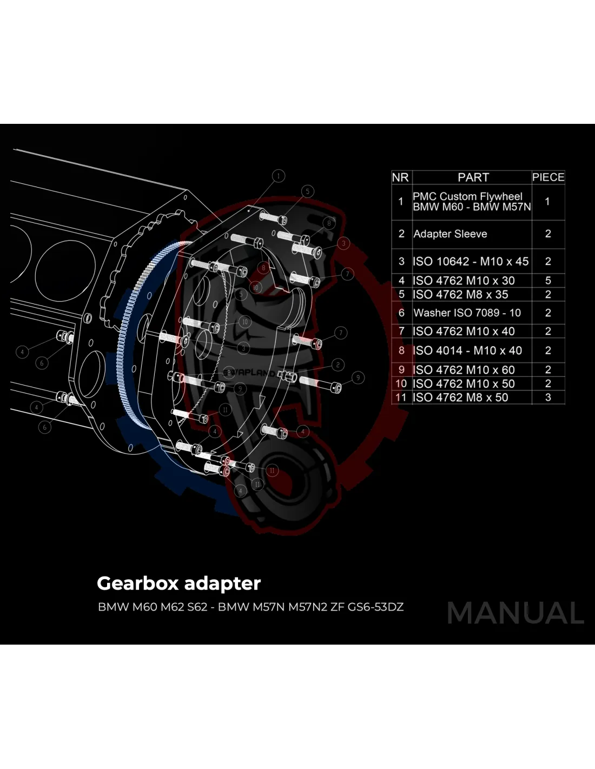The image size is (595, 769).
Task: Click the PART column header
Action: click(x=473, y=177)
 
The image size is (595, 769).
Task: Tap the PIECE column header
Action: click(x=548, y=177)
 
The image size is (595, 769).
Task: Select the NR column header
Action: click(x=400, y=177)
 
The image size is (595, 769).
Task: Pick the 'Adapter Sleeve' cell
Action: click(x=450, y=234)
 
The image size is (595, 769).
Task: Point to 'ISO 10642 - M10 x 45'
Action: click(x=471, y=261)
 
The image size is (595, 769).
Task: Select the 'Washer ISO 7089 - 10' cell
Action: click(x=467, y=313)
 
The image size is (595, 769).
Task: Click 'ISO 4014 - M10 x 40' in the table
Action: click(x=467, y=350)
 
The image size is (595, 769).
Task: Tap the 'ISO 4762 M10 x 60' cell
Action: click(x=464, y=370)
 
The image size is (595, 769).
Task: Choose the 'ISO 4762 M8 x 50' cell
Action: click(x=460, y=397)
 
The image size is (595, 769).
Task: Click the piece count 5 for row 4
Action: click(x=548, y=281)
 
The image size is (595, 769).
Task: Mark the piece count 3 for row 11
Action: click(x=548, y=397)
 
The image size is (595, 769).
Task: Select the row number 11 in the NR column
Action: click(x=401, y=397)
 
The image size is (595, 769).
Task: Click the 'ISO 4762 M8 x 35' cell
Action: click(x=460, y=295)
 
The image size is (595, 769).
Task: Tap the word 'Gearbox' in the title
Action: click(x=137, y=584)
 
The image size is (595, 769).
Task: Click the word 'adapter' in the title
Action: click(x=222, y=584)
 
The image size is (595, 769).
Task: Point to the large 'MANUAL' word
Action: click(x=515, y=613)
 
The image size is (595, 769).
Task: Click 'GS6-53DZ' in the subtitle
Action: click(x=375, y=607)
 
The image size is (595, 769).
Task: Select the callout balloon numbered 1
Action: click(x=279, y=176)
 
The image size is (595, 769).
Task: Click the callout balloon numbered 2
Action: click(x=338, y=365)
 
